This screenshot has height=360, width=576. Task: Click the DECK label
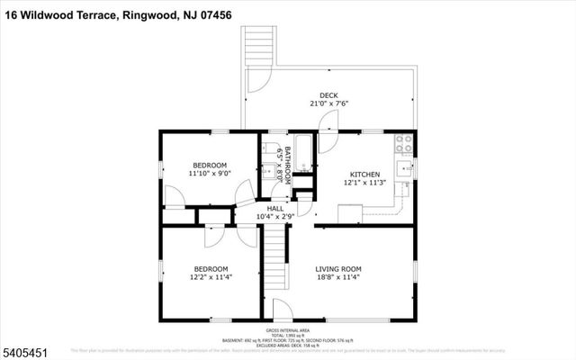328,95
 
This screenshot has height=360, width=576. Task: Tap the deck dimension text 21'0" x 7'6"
328,104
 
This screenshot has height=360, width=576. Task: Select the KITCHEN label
364,175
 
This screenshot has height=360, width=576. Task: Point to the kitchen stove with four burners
402,140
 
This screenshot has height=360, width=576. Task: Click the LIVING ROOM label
337,269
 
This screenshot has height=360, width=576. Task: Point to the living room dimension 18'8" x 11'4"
337,278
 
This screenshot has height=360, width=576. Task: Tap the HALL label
274,208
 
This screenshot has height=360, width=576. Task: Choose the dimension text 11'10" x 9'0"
210,174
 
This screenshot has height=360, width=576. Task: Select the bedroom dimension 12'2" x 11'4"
211,278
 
